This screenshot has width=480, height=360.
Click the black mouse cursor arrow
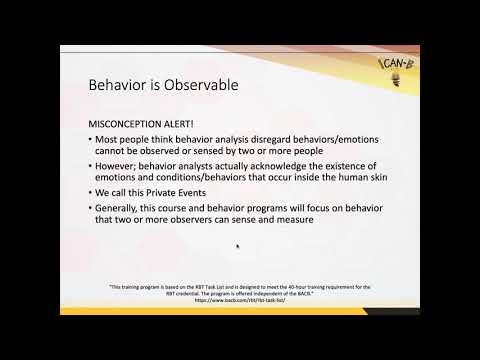(237, 245)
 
